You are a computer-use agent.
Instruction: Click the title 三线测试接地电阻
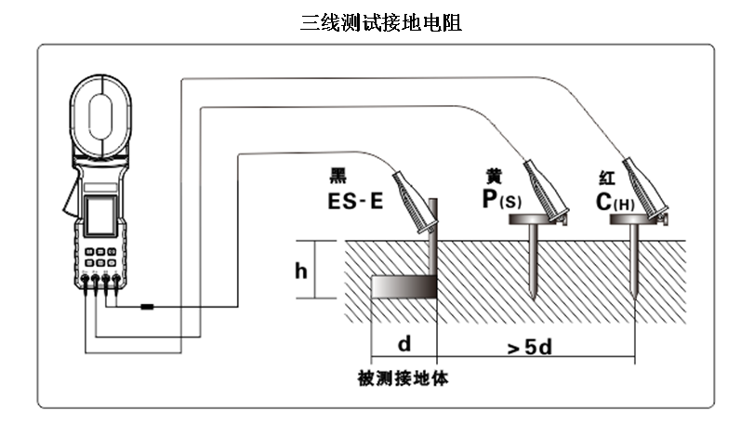pyautogui.click(x=381, y=23)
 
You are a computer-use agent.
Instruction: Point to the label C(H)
pyautogui.click(x=615, y=199)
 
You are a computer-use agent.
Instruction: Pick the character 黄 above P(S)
pyautogui.click(x=494, y=175)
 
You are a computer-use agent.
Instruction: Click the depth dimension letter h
pyautogui.click(x=300, y=271)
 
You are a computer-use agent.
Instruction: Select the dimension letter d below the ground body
pyautogui.click(x=404, y=345)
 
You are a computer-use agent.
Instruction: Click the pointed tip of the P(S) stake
pyautogui.click(x=535, y=297)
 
